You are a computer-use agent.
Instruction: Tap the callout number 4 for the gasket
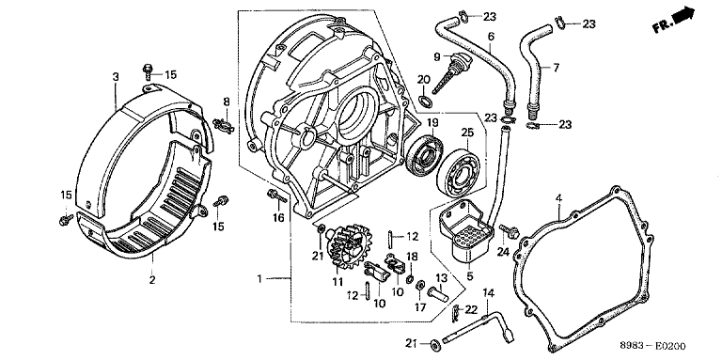click(x=558, y=198)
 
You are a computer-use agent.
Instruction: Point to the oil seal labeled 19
click(x=424, y=155)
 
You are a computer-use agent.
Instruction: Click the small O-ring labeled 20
click(x=426, y=101)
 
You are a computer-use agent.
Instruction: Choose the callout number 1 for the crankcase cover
click(x=259, y=278)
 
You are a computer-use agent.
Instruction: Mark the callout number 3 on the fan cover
click(x=116, y=76)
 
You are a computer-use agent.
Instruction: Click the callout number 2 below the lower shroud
click(x=152, y=279)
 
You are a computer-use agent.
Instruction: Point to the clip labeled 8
click(x=224, y=124)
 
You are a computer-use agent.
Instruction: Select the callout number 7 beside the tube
click(x=556, y=68)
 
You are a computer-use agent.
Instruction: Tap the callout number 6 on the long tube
click(x=491, y=36)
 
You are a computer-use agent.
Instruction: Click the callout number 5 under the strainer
click(x=470, y=276)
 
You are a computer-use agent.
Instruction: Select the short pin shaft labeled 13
click(x=438, y=293)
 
